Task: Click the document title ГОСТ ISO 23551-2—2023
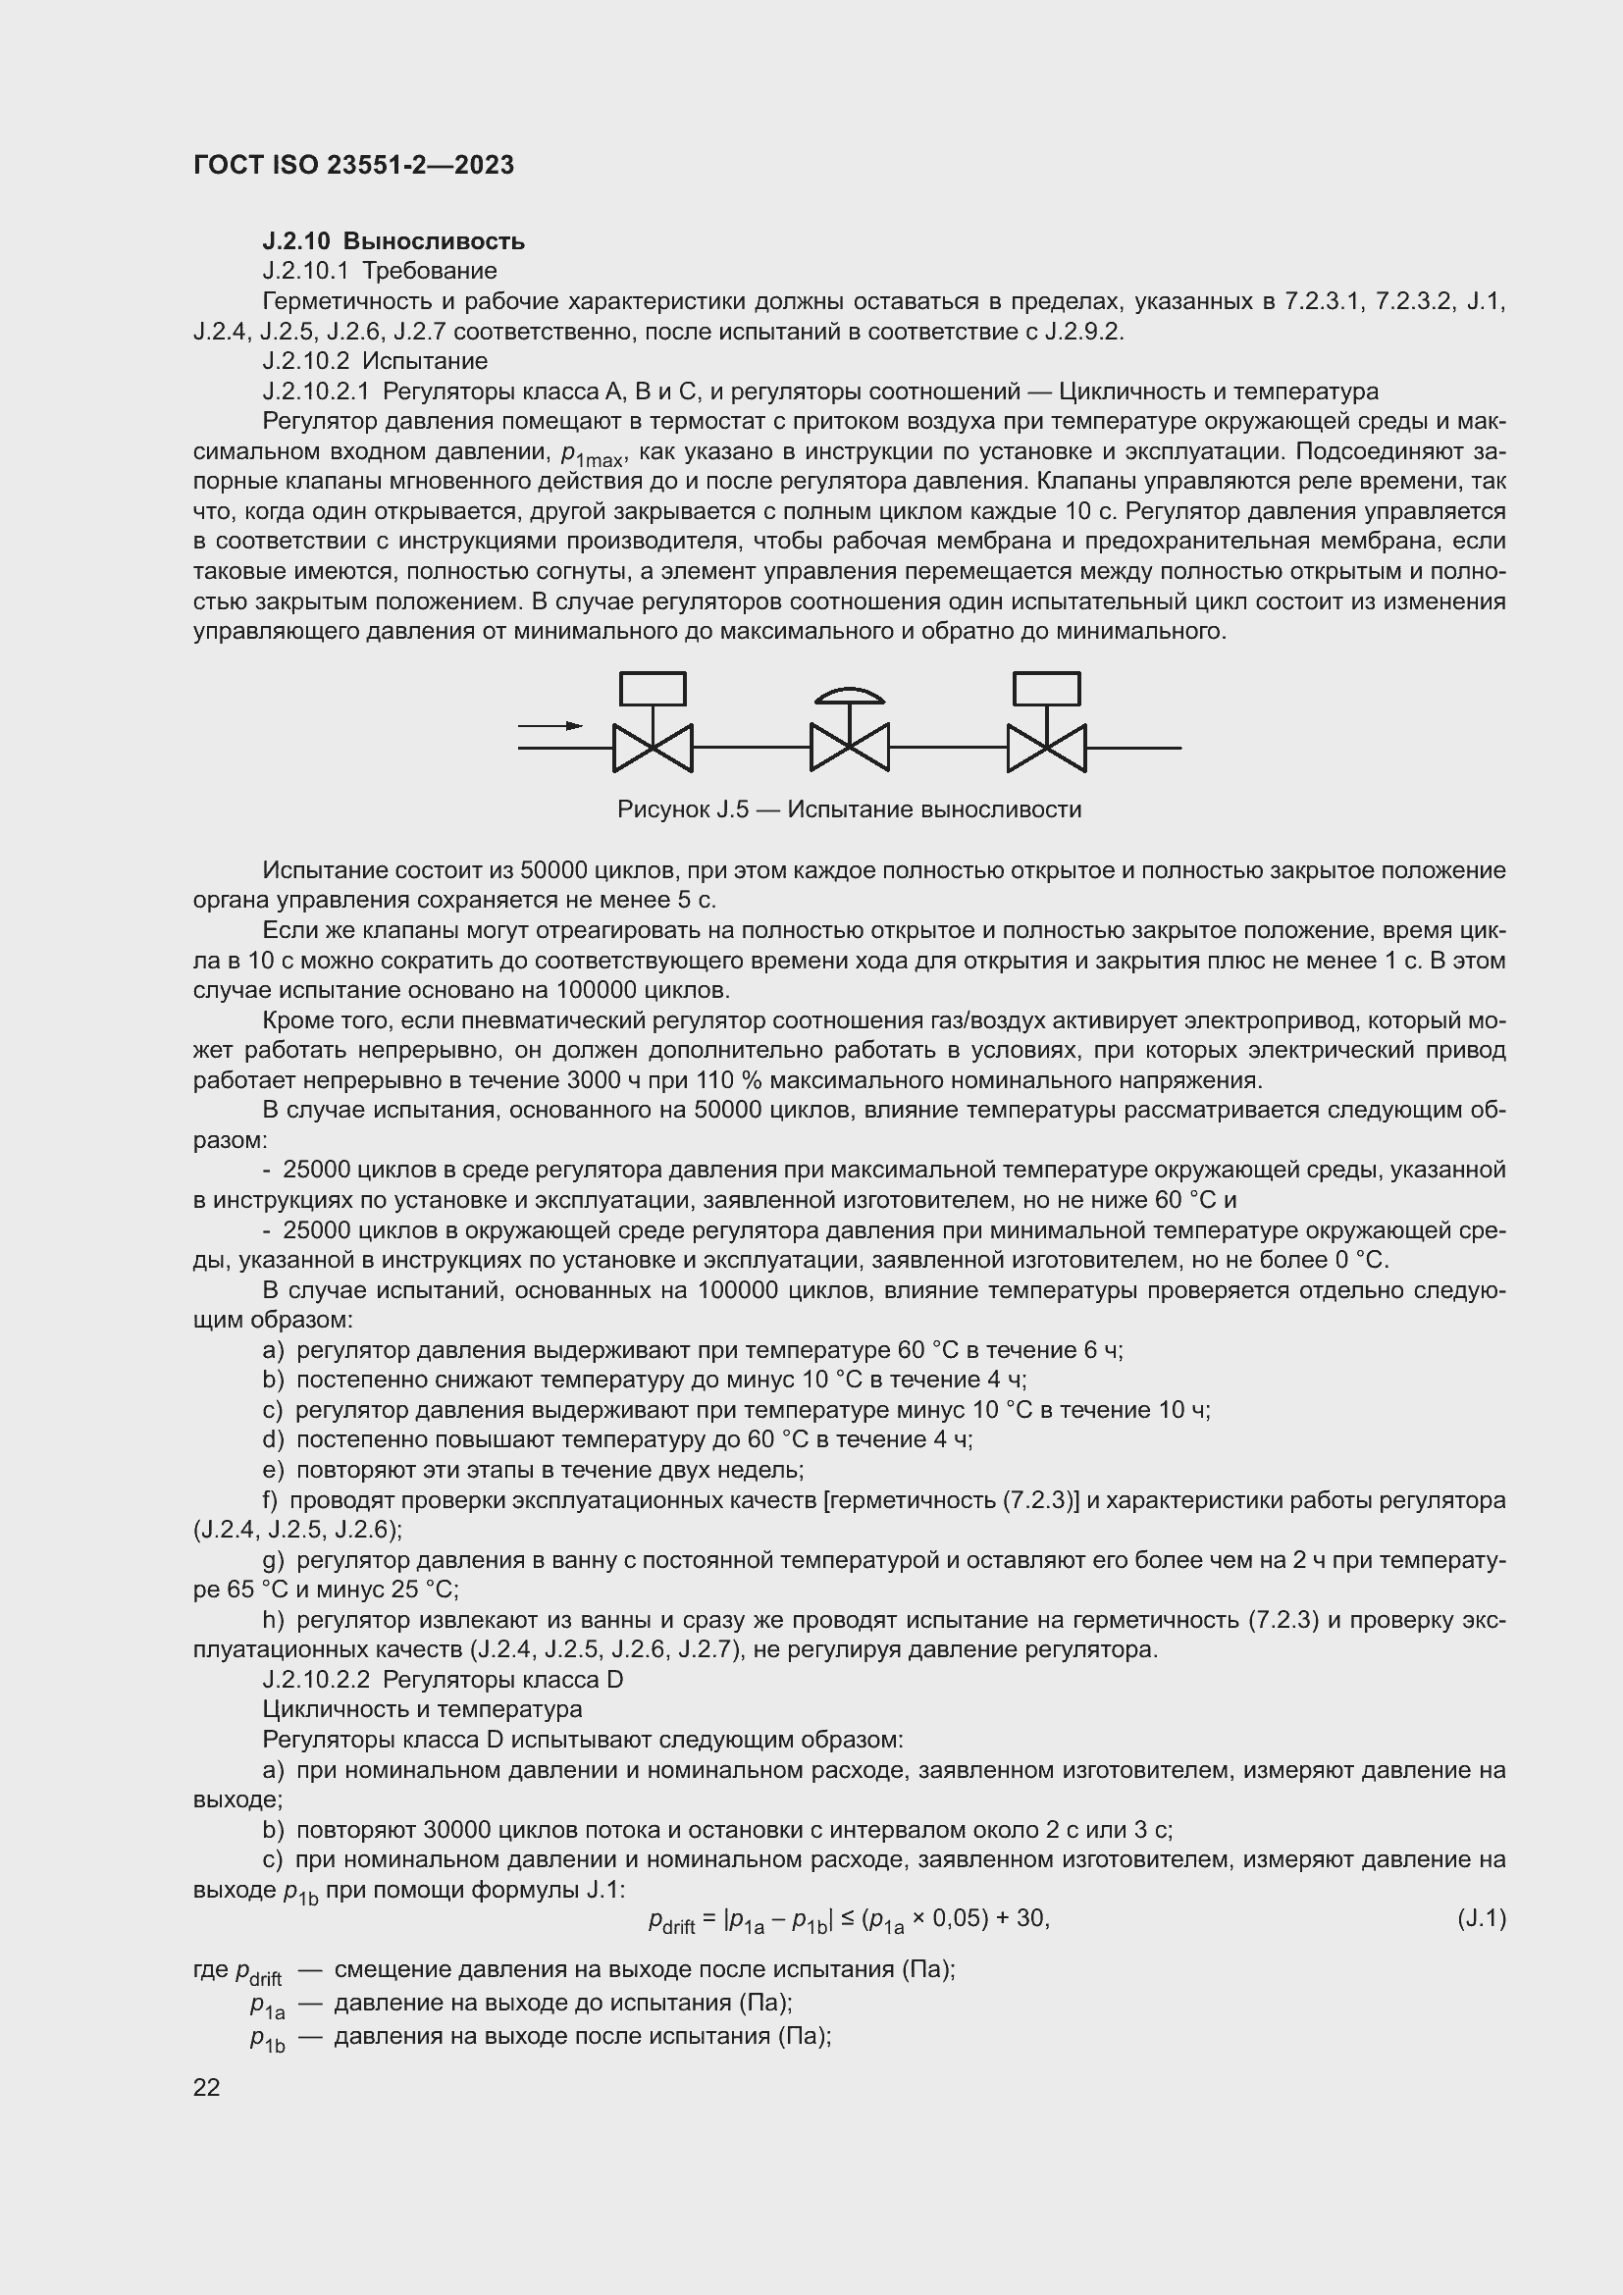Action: (353, 165)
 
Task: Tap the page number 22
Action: (207, 2087)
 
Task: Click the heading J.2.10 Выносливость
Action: (393, 241)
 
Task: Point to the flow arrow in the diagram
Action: (550, 726)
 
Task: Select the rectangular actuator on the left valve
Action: (653, 690)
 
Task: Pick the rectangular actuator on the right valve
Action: (1046, 690)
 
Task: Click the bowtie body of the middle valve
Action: (849, 748)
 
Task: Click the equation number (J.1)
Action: (1481, 1918)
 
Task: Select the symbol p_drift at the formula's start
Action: (670, 1920)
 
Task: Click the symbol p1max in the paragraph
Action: (593, 456)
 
